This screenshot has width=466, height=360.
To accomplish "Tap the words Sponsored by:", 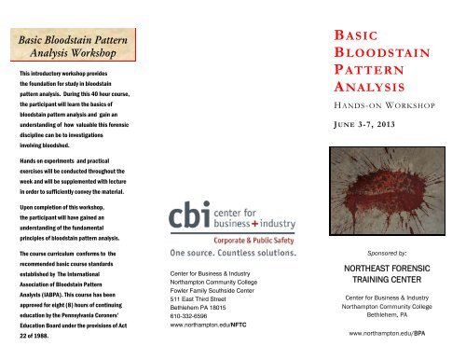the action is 385,252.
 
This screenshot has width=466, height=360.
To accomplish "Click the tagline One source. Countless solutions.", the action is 220,252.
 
